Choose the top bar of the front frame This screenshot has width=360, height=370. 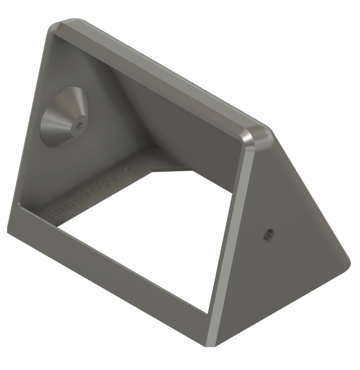click(x=153, y=76)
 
